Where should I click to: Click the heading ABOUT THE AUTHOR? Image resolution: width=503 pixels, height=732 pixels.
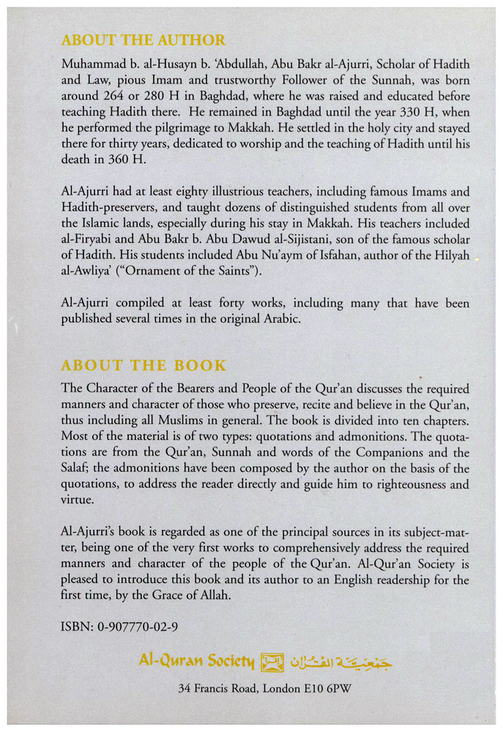143,40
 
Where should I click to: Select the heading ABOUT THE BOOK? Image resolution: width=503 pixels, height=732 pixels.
144,365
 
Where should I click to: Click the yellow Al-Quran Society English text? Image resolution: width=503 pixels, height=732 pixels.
196,663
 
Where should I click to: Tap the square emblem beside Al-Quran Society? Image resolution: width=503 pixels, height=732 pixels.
272,663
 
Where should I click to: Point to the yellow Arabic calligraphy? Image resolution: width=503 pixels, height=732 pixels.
336,662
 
